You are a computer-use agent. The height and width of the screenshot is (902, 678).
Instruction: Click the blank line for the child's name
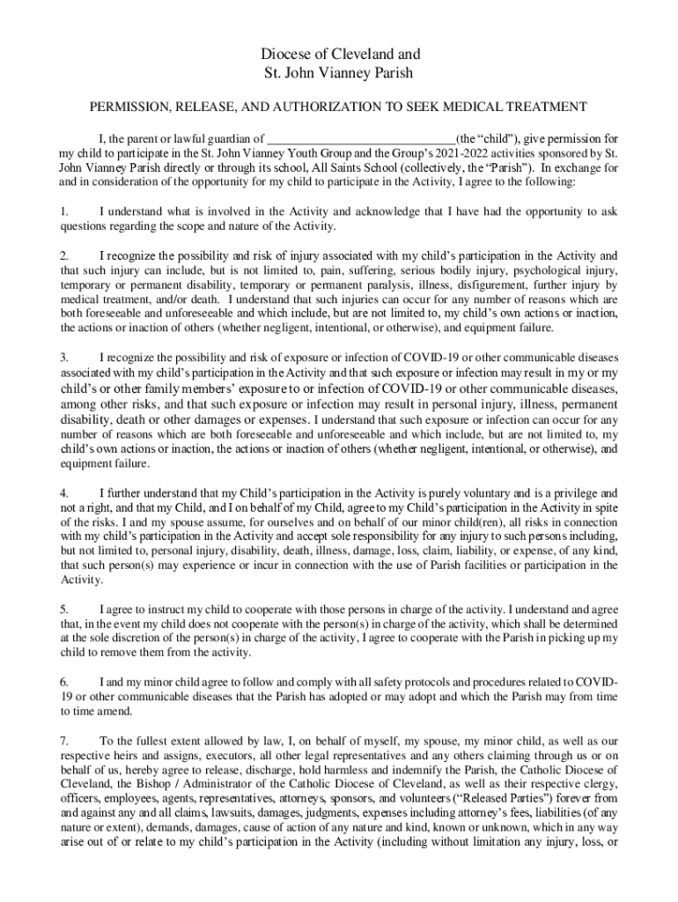(361, 139)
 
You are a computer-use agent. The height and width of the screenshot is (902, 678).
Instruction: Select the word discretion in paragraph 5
(144, 639)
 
